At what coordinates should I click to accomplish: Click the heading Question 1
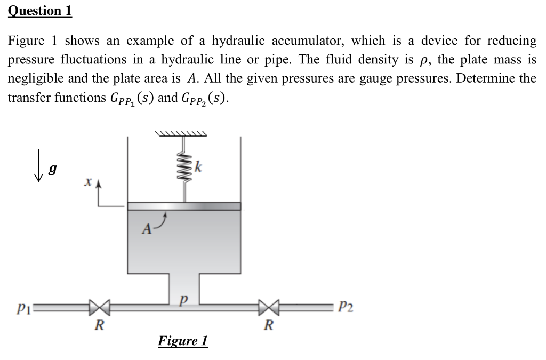40,11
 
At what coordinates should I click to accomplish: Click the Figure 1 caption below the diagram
183,341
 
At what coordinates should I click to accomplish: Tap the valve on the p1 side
99,308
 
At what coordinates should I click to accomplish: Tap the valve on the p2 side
268,308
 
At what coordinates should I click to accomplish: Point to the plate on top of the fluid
184,206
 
